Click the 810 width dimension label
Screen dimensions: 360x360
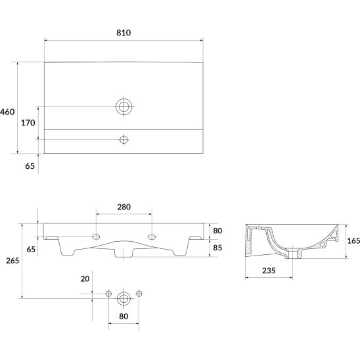pyautogui.click(x=124, y=33)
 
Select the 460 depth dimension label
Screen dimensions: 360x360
pyautogui.click(x=7, y=112)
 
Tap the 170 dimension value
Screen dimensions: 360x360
pyautogui.click(x=28, y=123)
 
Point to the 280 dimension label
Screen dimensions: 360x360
pyautogui.click(x=124, y=207)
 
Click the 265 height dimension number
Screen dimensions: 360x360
pyautogui.click(x=12, y=261)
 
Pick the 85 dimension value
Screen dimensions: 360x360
pyautogui.click(x=217, y=248)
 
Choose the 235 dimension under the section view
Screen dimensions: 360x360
pyautogui.click(x=269, y=271)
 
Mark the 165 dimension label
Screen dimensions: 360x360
pyautogui.click(x=353, y=240)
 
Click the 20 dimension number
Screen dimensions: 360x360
pyautogui.click(x=85, y=279)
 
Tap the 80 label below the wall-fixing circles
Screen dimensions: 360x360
pyautogui.click(x=124, y=317)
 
